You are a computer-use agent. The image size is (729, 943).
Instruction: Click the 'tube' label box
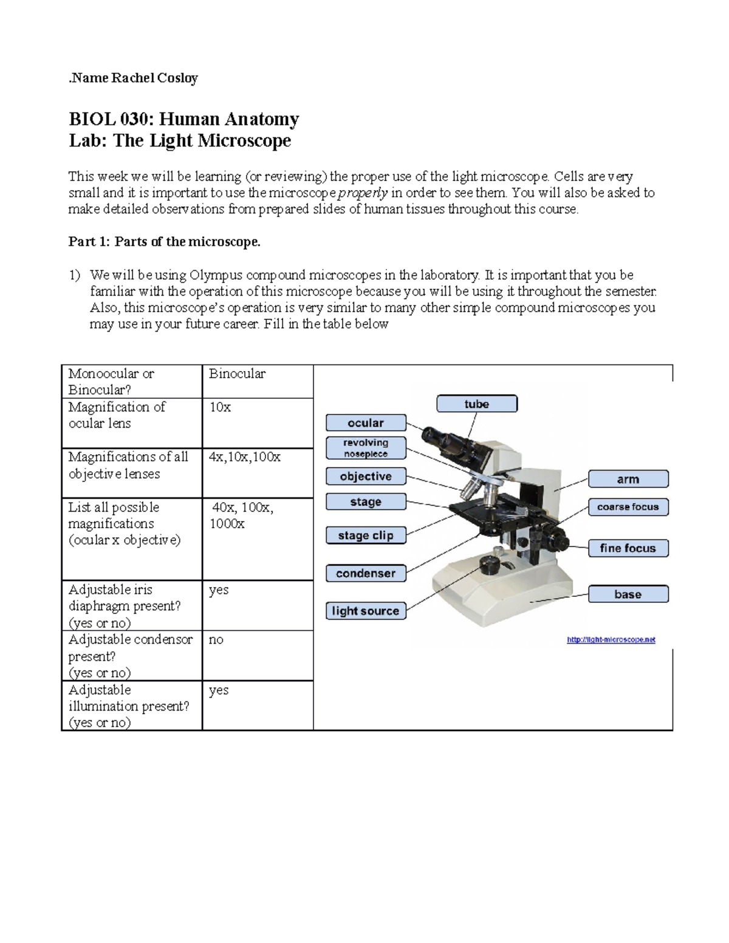tap(477, 404)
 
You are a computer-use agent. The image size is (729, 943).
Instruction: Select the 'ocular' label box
tap(365, 423)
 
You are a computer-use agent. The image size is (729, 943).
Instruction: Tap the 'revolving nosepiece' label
tap(365, 448)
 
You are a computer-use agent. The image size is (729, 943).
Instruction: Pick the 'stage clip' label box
tap(365, 536)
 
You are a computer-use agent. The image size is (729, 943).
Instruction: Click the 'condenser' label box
tap(365, 573)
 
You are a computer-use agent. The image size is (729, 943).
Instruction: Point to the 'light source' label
tap(365, 611)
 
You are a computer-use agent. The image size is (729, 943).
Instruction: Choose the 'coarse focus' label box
tap(628, 507)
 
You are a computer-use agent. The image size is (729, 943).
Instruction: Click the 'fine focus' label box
tap(628, 548)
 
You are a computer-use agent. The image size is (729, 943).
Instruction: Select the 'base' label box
tap(628, 594)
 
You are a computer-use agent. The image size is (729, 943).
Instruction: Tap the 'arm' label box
tap(628, 479)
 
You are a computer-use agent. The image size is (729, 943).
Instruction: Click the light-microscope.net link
tap(611, 639)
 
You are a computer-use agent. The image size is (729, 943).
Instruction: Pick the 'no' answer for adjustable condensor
tap(216, 639)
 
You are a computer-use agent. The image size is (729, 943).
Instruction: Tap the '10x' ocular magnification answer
tap(220, 407)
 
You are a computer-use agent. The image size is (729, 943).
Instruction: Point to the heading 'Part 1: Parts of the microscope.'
tap(164, 242)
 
